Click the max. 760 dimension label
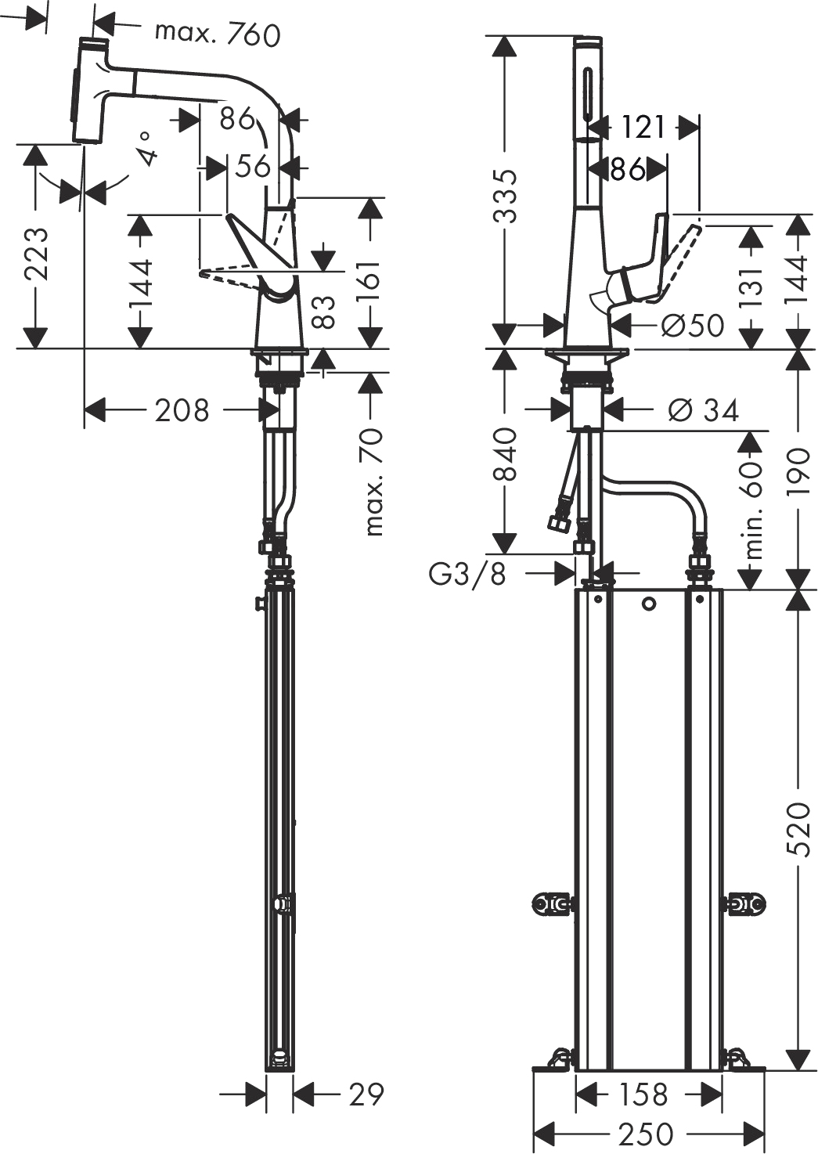pyautogui.click(x=218, y=35)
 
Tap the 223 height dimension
pyautogui.click(x=36, y=254)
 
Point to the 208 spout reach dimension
pyautogui.click(x=182, y=410)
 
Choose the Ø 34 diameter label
pyautogui.click(x=703, y=410)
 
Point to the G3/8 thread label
pyautogui.click(x=467, y=575)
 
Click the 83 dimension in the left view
pyautogui.click(x=323, y=312)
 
